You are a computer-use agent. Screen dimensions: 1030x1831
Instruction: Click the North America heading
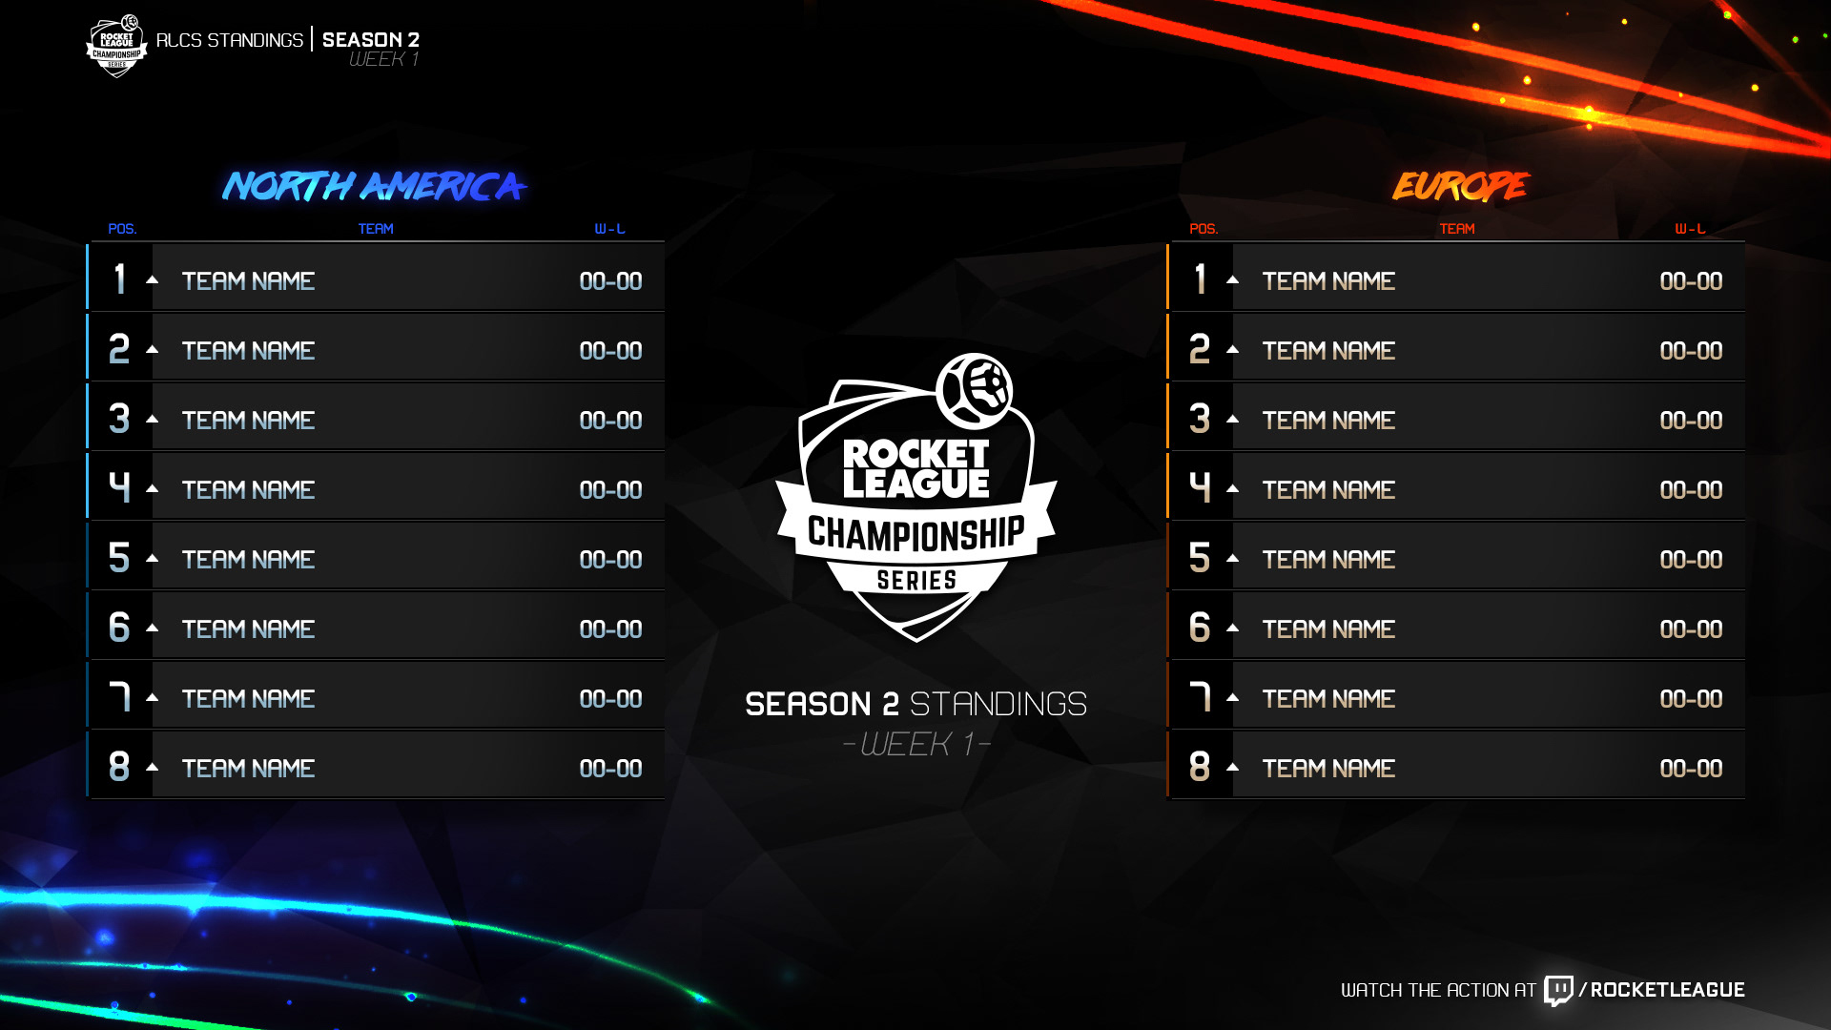374,186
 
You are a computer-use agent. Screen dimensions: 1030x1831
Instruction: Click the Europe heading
1459,186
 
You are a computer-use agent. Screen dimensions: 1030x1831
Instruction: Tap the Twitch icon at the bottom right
1558,990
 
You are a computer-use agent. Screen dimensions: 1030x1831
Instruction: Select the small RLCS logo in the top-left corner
116,45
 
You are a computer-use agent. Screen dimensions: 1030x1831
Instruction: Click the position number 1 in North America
119,279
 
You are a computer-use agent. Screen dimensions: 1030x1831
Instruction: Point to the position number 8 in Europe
1200,767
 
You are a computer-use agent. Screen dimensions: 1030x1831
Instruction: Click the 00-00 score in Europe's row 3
1691,420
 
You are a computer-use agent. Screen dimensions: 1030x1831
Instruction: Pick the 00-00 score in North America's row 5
610,559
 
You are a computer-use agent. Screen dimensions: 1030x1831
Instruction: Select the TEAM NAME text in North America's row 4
248,489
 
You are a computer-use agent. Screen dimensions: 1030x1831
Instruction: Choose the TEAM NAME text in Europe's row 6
1328,628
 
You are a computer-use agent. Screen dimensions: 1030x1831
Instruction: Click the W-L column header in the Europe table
1690,229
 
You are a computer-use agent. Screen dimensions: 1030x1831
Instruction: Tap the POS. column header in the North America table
122,229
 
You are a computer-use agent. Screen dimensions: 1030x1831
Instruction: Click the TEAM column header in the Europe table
1456,229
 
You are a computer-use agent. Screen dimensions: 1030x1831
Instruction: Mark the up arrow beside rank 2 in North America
153,349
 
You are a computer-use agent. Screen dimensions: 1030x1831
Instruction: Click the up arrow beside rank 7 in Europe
1233,697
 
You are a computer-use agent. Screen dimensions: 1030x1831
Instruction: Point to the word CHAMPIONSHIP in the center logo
915,534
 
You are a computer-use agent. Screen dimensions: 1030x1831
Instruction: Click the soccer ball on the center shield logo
975,391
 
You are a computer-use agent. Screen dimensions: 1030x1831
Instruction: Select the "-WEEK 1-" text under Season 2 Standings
916,744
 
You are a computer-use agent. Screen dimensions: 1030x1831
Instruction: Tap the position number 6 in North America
119,628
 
